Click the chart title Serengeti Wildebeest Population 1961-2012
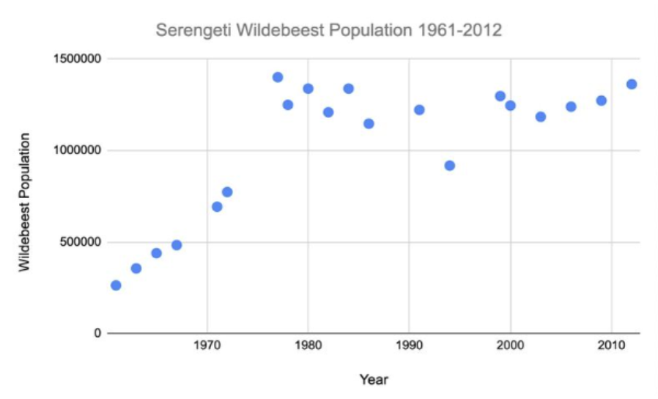point(328,31)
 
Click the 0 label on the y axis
point(95,334)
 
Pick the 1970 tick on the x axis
point(207,349)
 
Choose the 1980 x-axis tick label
point(308,349)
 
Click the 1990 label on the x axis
point(409,349)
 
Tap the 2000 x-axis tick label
point(510,349)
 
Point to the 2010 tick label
point(611,349)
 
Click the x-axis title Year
point(374,379)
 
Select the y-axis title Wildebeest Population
point(25,202)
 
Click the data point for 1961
point(116,285)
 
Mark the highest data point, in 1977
point(278,77)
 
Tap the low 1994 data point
point(450,166)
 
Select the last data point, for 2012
point(632,84)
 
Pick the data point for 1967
point(177,245)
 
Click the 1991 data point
point(419,110)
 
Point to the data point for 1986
point(369,123)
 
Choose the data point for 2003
point(541,117)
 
